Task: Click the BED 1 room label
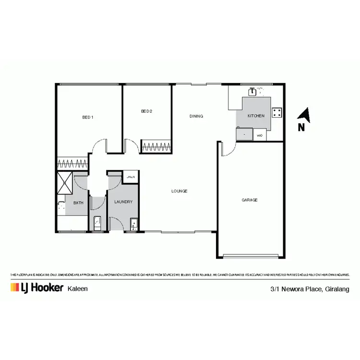pyautogui.click(x=87, y=117)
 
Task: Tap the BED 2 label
pyautogui.click(x=146, y=111)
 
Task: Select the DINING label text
pyautogui.click(x=196, y=116)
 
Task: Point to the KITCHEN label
pyautogui.click(x=256, y=116)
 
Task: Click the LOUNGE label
pyautogui.click(x=179, y=191)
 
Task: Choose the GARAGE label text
pyautogui.click(x=250, y=200)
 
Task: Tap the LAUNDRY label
pyautogui.click(x=123, y=202)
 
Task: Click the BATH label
pyautogui.click(x=78, y=203)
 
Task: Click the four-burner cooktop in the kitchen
pyautogui.click(x=277, y=113)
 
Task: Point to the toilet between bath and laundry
pyautogui.click(x=97, y=222)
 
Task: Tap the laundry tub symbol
pyautogui.click(x=134, y=223)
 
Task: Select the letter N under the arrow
pyautogui.click(x=301, y=127)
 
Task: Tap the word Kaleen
pyautogui.click(x=77, y=288)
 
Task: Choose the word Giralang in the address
pyautogui.click(x=337, y=289)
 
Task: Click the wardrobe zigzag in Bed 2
pyautogui.click(x=156, y=146)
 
